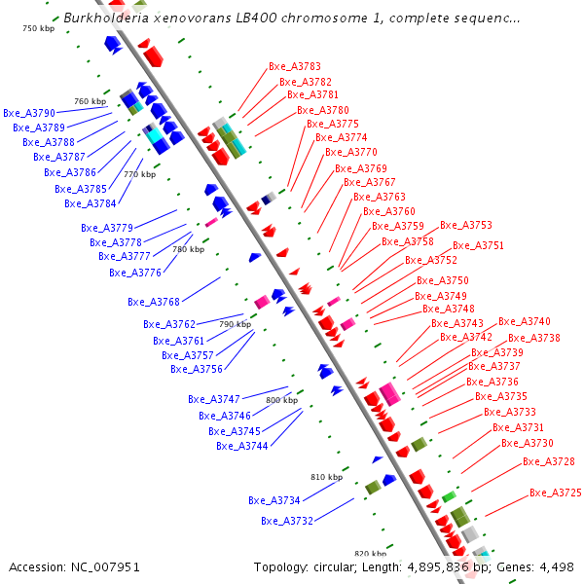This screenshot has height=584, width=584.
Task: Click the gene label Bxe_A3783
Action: tap(295, 66)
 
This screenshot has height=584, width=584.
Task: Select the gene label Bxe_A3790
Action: tap(29, 114)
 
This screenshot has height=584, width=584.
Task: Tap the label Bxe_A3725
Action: tap(556, 493)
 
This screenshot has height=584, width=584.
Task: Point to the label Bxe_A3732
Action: tap(287, 521)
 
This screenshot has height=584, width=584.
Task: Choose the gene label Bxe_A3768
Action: tap(154, 302)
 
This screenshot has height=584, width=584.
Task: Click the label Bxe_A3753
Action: tap(466, 225)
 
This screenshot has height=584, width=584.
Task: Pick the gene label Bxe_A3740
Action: tap(525, 322)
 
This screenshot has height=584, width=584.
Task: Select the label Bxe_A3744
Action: tap(242, 446)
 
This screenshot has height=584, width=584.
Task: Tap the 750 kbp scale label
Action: tap(39, 29)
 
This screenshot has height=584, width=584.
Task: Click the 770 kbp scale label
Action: tap(139, 175)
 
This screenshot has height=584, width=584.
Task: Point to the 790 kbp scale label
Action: tap(235, 324)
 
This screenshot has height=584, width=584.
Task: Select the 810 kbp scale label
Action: tap(327, 477)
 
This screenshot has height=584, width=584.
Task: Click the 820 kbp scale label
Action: tap(371, 553)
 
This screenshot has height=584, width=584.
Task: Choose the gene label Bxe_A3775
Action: tap(333, 125)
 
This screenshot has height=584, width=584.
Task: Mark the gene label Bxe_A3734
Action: tap(274, 500)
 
